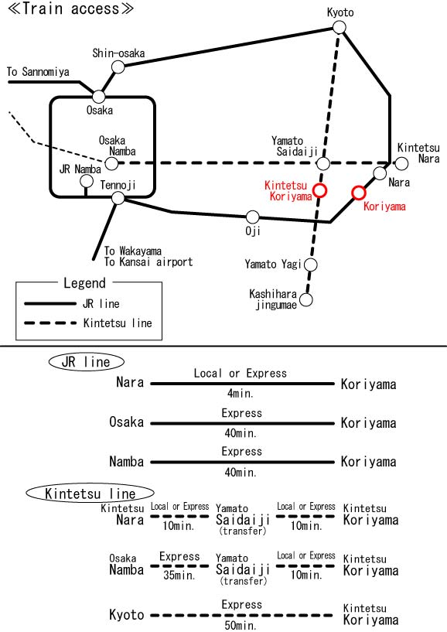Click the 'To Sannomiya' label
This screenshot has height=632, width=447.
(x=38, y=72)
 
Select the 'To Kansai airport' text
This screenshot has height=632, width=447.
(x=148, y=262)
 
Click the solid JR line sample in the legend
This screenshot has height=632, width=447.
(x=50, y=303)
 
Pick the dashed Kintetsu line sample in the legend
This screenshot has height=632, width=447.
(x=50, y=323)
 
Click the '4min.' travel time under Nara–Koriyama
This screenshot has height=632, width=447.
(x=241, y=393)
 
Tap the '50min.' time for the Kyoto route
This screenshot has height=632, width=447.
(x=241, y=625)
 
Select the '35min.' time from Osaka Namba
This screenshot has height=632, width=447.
(x=179, y=576)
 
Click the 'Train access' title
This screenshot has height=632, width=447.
(x=70, y=9)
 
